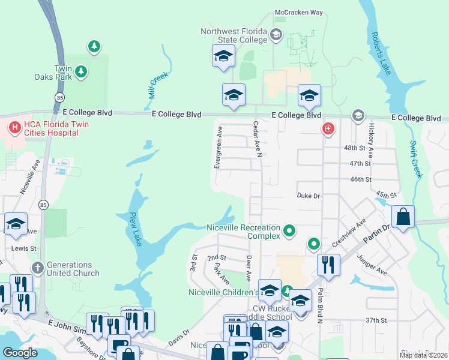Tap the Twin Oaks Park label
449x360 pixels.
pos(63,73)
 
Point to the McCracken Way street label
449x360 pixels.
pos(298,12)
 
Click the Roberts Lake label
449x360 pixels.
pos(381,53)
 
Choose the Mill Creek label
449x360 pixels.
pos(158,85)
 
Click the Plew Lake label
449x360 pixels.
pos(134,229)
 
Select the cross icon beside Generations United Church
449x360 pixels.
pos(37,268)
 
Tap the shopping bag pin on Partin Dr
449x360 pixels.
pos(404,217)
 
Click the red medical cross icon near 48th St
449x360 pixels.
pos(328,128)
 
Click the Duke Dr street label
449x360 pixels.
pos(309,196)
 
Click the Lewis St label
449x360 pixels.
pos(25,247)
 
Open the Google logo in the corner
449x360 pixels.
pos(20,353)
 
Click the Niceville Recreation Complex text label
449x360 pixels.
pos(243,232)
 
